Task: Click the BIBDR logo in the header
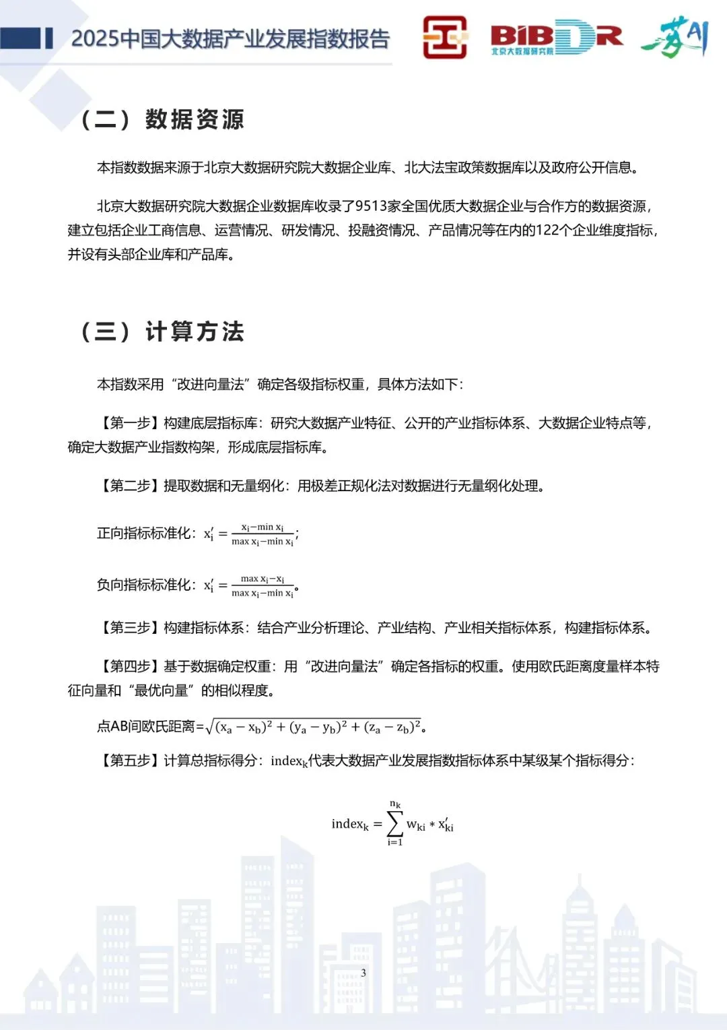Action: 556,37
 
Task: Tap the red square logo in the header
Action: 445,37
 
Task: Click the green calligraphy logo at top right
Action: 674,38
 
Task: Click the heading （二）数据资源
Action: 162,120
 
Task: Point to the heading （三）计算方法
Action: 162,331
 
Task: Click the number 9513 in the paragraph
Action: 370,206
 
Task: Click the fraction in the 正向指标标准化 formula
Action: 263,534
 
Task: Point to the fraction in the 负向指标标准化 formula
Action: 263,585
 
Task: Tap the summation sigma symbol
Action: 395,823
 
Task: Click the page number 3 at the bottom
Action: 363,973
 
